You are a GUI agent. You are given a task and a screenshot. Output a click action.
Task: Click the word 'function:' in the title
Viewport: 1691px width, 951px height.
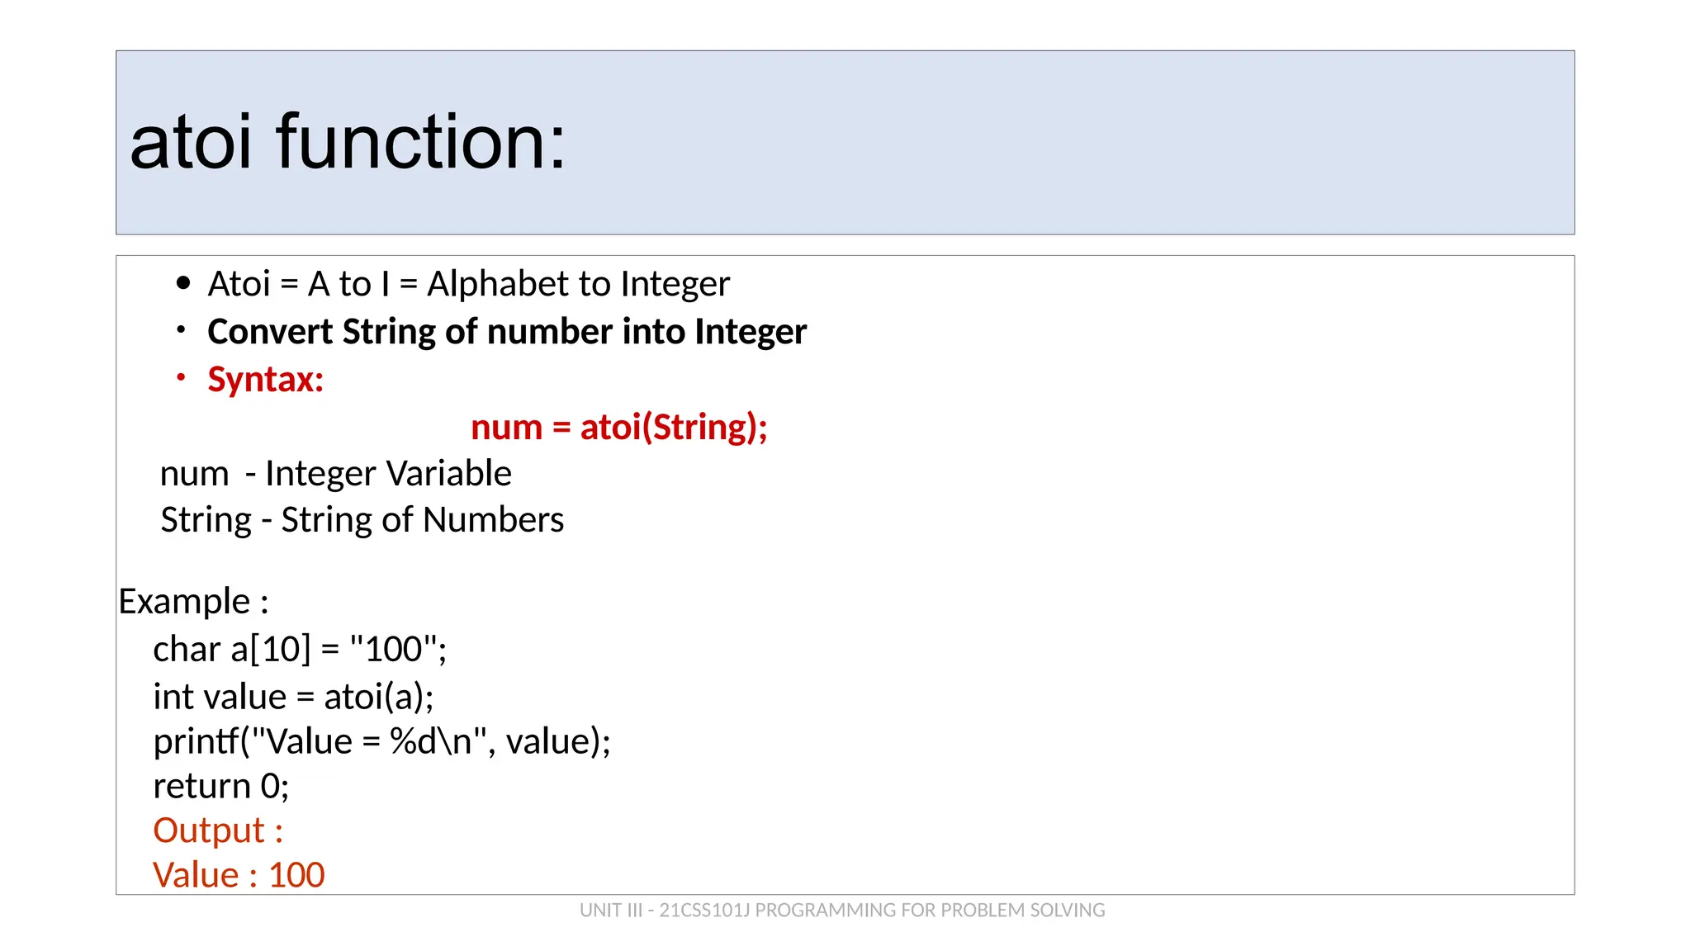[421, 142]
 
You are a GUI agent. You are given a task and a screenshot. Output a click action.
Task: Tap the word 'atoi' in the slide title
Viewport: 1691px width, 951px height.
[191, 142]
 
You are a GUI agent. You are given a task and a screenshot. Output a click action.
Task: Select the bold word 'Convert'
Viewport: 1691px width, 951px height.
[269, 332]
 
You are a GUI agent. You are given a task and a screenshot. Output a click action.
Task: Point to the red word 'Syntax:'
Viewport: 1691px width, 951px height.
[265, 380]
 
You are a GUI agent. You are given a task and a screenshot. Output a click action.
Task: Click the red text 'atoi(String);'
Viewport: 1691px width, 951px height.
[674, 428]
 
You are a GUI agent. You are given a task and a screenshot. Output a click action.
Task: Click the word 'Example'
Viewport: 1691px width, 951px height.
[184, 601]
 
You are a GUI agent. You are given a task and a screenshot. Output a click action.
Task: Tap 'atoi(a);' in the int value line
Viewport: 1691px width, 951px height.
[378, 697]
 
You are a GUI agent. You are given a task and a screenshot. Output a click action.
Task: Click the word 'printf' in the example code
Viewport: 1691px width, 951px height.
[196, 741]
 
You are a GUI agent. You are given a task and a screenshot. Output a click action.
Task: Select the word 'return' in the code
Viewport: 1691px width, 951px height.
[201, 786]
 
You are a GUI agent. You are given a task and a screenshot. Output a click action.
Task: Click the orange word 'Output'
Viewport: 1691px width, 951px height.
[209, 830]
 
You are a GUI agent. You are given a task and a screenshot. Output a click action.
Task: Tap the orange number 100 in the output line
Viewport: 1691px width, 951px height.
[296, 875]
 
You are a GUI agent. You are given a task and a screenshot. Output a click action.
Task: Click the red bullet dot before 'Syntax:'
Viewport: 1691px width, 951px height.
[181, 378]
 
